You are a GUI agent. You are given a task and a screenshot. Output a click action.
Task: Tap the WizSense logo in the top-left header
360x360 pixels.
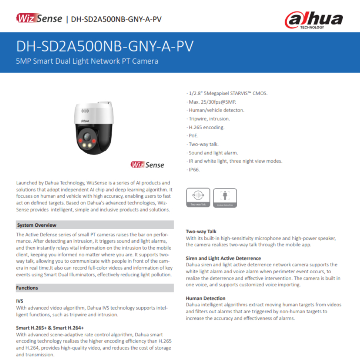[x=39, y=18]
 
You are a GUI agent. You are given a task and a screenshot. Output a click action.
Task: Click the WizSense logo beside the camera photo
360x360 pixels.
[x=147, y=165]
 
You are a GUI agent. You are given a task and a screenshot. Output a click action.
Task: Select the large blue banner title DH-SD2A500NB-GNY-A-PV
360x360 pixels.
[x=105, y=46]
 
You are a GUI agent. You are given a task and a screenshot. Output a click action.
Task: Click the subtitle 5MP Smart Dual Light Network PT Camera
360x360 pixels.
[x=87, y=61]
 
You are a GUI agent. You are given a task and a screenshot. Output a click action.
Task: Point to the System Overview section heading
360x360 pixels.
[x=36, y=225]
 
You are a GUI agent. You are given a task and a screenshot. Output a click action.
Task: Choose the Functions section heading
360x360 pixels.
[x=27, y=288]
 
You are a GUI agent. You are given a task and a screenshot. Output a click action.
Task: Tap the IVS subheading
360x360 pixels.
[x=20, y=301]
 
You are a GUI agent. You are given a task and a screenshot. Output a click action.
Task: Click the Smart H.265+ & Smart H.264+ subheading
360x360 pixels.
[x=50, y=328]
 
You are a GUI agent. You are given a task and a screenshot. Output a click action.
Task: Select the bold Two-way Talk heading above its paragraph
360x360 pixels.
[x=201, y=232]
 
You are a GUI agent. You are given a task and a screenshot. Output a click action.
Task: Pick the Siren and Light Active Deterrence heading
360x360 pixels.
[x=223, y=258]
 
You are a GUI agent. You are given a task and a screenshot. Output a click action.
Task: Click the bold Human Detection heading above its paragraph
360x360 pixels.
[x=206, y=298]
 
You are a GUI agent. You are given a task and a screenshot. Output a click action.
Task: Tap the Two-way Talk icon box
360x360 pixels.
[x=198, y=198]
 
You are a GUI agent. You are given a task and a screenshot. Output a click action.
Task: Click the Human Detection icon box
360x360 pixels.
[x=225, y=198]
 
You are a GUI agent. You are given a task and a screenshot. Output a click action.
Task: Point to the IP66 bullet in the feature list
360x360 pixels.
[x=194, y=170]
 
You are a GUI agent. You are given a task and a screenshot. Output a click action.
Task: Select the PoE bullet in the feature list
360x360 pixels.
[x=194, y=136]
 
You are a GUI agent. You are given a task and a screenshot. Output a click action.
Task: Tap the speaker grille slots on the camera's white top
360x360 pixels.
[x=85, y=111]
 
